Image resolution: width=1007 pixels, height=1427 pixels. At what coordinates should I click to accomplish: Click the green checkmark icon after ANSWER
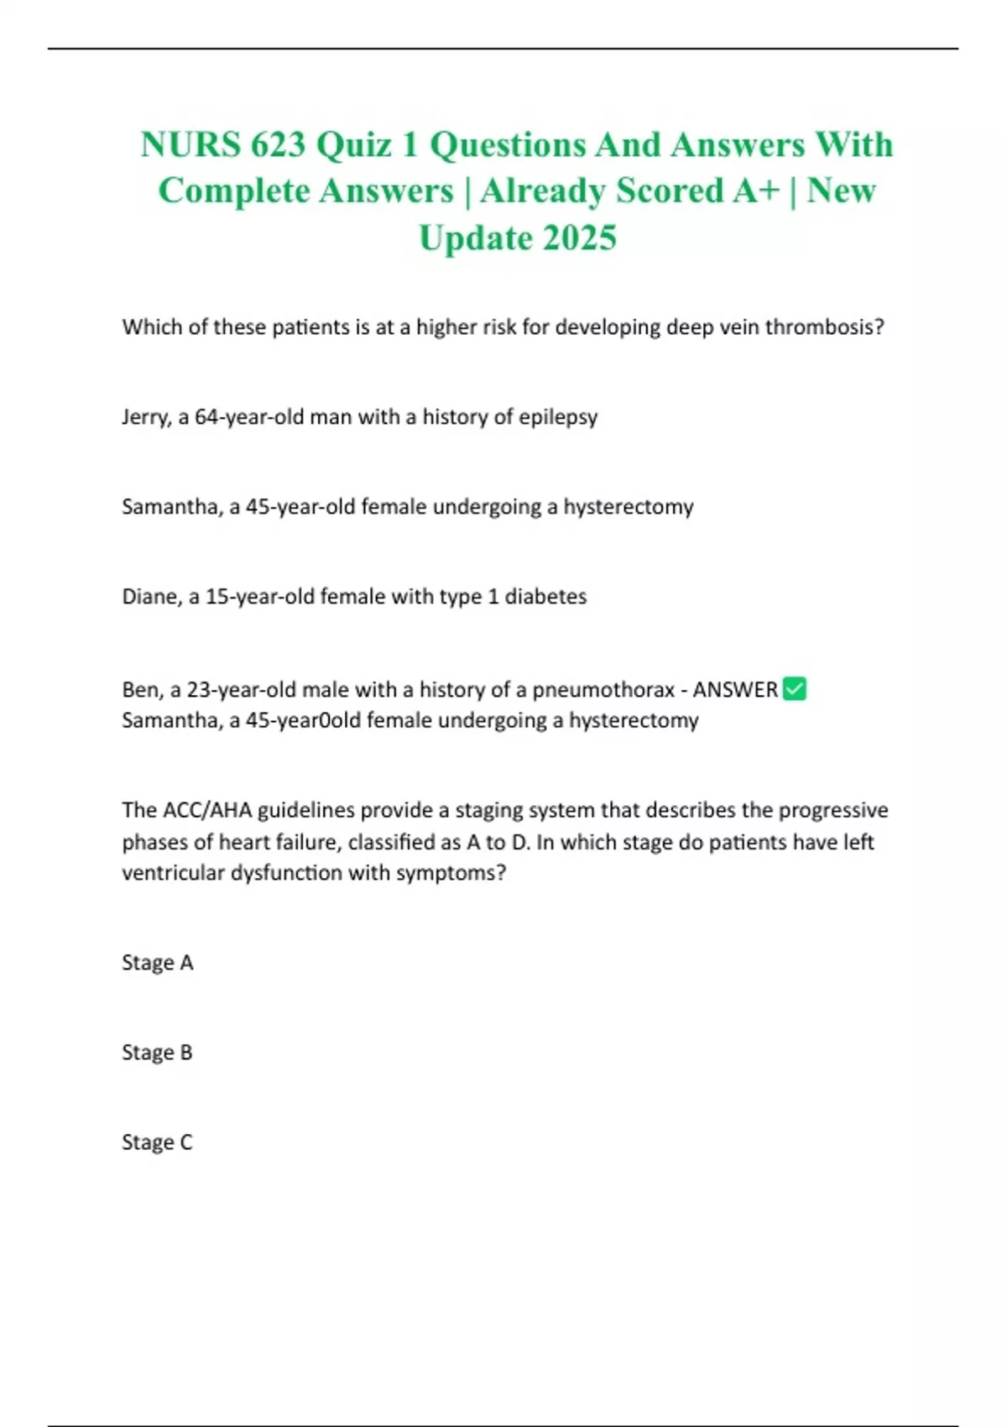(794, 689)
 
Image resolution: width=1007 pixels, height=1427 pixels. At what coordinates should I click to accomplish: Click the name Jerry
(145, 417)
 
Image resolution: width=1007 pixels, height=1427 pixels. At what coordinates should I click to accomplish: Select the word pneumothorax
(603, 690)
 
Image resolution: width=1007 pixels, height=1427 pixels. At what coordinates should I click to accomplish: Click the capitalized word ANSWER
(735, 690)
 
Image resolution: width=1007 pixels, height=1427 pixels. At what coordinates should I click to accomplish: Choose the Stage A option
(158, 963)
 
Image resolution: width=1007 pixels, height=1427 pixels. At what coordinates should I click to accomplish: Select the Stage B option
(158, 1053)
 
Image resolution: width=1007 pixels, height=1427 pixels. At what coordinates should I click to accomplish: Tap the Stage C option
(158, 1142)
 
